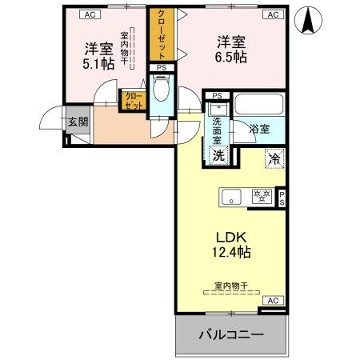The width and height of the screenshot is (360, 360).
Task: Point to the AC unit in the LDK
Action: [x=272, y=301]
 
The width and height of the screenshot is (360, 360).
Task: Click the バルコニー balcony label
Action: [x=230, y=334]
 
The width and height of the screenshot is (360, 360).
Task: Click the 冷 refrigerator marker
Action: [x=274, y=158]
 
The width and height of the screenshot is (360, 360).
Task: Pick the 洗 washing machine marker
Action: [x=218, y=156]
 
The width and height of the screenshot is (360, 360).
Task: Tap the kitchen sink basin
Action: [x=231, y=196]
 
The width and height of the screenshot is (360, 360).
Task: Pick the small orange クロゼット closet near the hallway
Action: [x=133, y=100]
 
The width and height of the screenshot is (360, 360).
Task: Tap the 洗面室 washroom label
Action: [x=218, y=126]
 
